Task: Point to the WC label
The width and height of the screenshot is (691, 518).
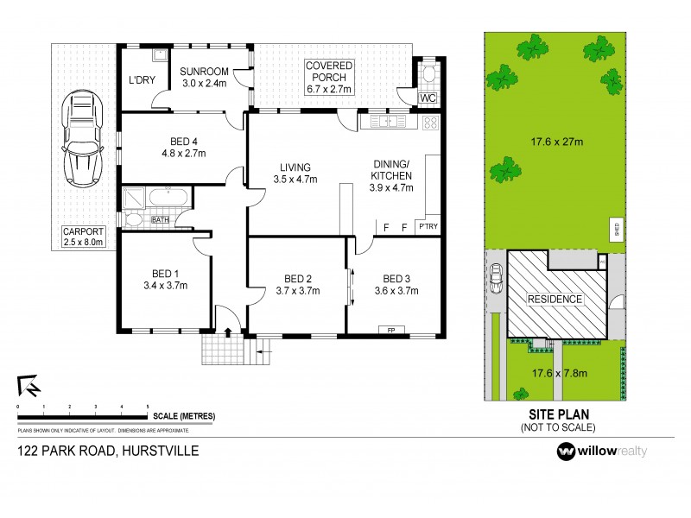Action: click(x=428, y=98)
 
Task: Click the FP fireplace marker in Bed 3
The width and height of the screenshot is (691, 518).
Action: click(x=390, y=329)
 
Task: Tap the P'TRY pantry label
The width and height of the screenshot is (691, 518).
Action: click(x=428, y=227)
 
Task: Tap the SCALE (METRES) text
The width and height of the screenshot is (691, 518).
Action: click(x=184, y=416)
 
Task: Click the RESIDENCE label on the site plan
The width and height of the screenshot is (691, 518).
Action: click(x=555, y=300)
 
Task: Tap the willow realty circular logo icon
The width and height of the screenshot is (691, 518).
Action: click(x=566, y=452)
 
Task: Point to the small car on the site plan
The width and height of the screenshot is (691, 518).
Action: click(x=496, y=280)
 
